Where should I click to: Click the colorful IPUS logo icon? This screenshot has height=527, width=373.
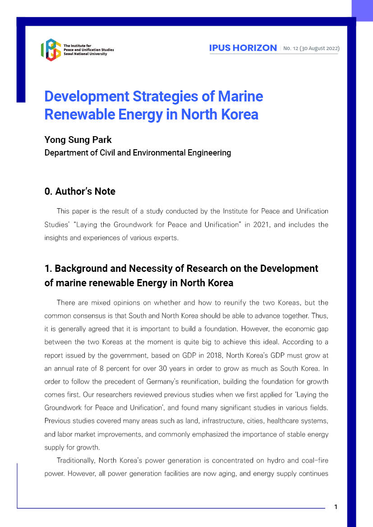51,50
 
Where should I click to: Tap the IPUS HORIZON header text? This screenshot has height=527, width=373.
243,48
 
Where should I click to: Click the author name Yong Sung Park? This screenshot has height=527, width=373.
78,139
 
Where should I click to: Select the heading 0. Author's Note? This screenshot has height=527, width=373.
80,192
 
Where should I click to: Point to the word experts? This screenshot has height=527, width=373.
166,238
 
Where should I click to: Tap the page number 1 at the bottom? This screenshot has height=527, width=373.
336,507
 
